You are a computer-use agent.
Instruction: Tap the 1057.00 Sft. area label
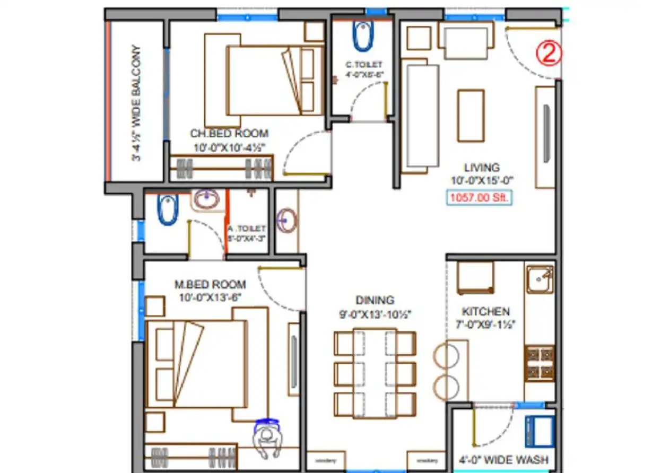(479, 199)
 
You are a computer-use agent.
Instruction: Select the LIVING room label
(482, 168)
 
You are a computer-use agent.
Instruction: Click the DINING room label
(375, 300)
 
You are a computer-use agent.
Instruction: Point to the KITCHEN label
(485, 311)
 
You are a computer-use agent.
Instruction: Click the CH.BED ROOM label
(229, 133)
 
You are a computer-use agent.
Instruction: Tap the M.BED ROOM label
(210, 284)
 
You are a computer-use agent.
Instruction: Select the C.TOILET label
(363, 65)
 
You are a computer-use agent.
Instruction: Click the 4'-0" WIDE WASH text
(503, 459)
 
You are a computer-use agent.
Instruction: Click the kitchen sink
(540, 279)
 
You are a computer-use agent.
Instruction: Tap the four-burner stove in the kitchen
(540, 363)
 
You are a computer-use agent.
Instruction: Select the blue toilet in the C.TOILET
(363, 35)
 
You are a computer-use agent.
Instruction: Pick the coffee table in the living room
(471, 116)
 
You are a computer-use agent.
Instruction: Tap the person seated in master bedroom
(267, 440)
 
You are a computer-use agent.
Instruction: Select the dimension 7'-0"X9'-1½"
(485, 324)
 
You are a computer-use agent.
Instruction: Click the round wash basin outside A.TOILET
(287, 219)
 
